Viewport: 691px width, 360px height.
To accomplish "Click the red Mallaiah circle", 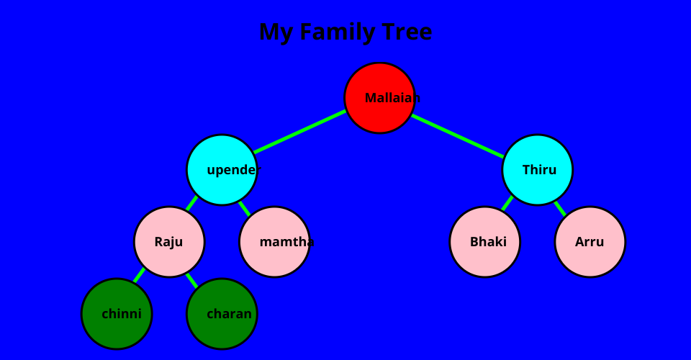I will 379,98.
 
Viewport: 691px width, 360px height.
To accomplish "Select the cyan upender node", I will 222,170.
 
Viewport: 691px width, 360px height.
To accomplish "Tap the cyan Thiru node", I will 537,170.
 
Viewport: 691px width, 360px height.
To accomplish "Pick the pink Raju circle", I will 169,242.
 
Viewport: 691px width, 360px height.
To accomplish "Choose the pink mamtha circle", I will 274,242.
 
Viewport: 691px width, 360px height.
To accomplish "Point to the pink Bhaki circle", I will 484,242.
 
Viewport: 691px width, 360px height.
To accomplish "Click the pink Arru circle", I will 590,242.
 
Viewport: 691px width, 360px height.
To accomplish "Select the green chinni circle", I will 117,314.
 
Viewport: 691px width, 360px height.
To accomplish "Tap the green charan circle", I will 222,314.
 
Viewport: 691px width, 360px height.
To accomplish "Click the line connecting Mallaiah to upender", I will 300,132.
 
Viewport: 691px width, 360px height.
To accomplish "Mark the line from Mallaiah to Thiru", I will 458,135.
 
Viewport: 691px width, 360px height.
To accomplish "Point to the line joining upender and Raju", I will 191,203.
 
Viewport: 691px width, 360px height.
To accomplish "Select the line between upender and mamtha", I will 245,208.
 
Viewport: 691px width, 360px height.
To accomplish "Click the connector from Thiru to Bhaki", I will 507,203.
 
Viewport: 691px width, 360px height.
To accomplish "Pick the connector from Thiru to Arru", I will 560,208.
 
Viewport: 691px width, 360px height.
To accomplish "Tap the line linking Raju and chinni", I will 139,275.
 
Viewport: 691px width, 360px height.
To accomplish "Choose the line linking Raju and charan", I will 191,280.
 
